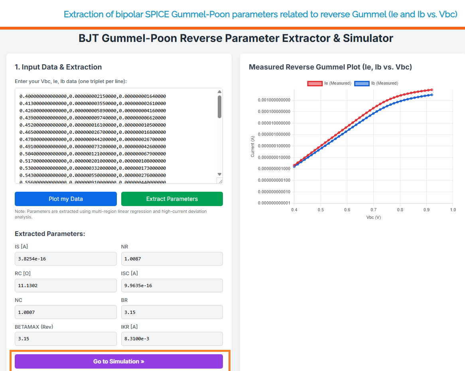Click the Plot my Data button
(x=66, y=199)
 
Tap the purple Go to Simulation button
(x=118, y=361)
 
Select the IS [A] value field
(x=66, y=259)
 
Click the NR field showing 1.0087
(x=172, y=259)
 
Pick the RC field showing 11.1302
(x=66, y=286)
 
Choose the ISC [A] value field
(x=172, y=286)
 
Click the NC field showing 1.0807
(x=66, y=312)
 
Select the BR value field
(x=172, y=312)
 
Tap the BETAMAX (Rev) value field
(x=66, y=339)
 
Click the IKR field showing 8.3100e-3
(x=172, y=339)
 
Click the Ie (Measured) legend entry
(x=329, y=83)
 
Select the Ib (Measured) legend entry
(x=376, y=83)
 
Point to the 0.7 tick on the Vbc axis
(x=373, y=210)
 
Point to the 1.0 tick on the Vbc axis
(x=453, y=210)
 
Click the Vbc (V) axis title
(x=373, y=217)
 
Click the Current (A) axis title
(x=252, y=146)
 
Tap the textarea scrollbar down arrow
(x=219, y=174)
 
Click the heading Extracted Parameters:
(x=50, y=234)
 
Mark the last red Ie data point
(x=432, y=90)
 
